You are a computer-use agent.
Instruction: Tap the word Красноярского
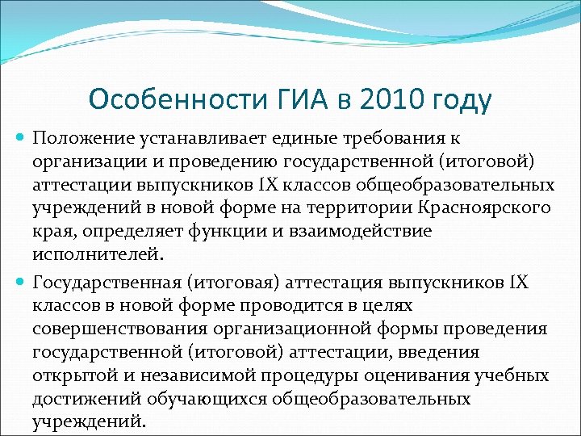[486, 208]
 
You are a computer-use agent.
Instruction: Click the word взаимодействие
[360, 231]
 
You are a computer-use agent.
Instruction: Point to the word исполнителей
[97, 254]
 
